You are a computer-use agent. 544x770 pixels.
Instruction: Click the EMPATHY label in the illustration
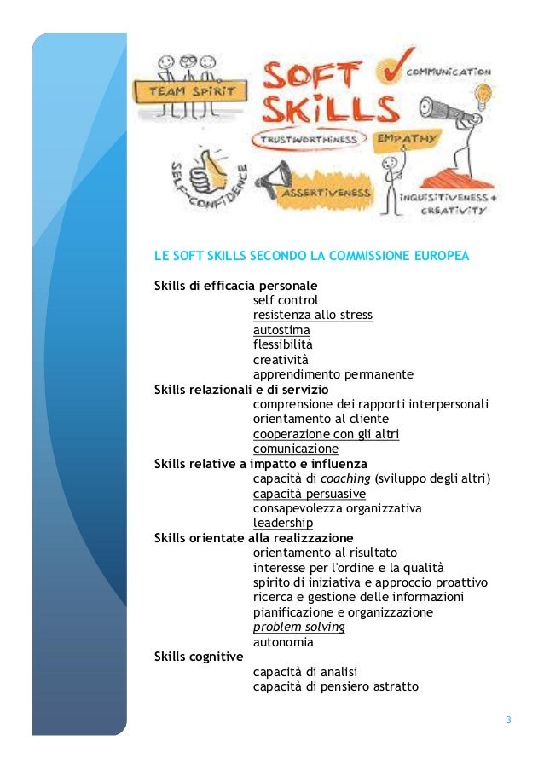[404, 138]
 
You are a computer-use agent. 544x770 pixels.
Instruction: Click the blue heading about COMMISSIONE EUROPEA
[311, 255]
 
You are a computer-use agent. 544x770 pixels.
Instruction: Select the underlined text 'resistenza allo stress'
[312, 315]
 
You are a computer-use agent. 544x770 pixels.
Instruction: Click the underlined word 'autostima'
[281, 330]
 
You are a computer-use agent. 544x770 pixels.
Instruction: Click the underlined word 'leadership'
[282, 523]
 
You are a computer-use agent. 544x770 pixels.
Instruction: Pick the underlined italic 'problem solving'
[298, 627]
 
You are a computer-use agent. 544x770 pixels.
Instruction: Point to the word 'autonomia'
[283, 642]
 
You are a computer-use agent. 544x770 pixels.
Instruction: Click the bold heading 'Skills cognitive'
[198, 657]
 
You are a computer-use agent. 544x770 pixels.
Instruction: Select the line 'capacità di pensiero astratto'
[335, 686]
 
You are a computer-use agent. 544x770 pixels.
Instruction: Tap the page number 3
[508, 721]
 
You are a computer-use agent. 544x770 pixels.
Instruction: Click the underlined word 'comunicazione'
[295, 449]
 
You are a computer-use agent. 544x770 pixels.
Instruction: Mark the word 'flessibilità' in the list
[282, 344]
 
